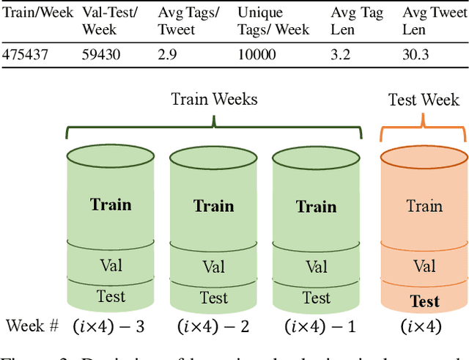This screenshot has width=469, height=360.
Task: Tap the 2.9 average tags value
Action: coord(168,55)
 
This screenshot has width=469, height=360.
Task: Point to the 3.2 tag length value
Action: coord(341,55)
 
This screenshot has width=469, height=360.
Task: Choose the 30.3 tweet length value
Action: coord(416,55)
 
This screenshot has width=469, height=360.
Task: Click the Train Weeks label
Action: coord(214,99)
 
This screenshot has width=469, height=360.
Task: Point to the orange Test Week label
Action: coord(424,99)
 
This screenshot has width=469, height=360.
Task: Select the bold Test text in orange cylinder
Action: coord(424,301)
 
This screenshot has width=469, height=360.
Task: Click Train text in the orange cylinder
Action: coord(424,206)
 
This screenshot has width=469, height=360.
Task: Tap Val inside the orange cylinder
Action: coord(424,265)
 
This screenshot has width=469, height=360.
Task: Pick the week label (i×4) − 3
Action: coord(110,326)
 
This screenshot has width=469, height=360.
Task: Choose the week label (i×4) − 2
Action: coord(213,326)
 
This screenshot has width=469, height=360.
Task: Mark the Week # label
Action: coord(32,326)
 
